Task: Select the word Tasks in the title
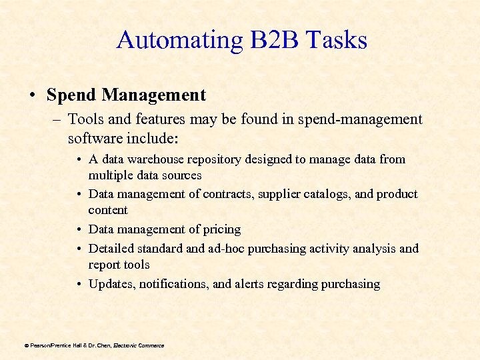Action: [x=337, y=41]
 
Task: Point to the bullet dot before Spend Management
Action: [x=33, y=96]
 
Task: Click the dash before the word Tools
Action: [x=57, y=120]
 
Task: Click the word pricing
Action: [x=222, y=229]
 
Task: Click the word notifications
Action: [x=173, y=284]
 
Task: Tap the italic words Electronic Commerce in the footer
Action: [x=139, y=345]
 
